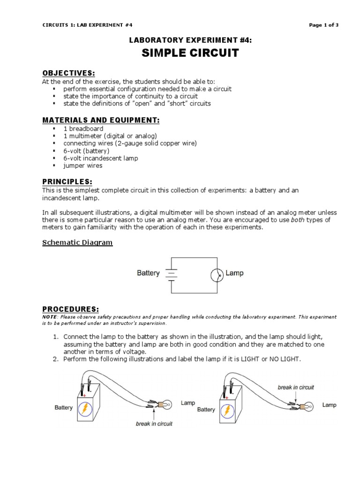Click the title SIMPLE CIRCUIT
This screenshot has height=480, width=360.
click(x=190, y=53)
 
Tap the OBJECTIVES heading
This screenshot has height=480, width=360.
click(x=68, y=74)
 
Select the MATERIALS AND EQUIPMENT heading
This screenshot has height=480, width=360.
click(x=101, y=120)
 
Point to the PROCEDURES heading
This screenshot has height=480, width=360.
click(x=70, y=309)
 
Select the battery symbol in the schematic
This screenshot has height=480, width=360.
click(x=172, y=274)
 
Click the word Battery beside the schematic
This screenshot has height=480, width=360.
click(x=148, y=273)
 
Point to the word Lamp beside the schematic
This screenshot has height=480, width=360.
click(x=235, y=273)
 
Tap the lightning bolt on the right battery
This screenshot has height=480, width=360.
click(x=227, y=411)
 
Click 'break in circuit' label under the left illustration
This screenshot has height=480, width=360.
click(x=154, y=424)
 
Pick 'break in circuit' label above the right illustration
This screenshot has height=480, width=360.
click(x=296, y=387)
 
